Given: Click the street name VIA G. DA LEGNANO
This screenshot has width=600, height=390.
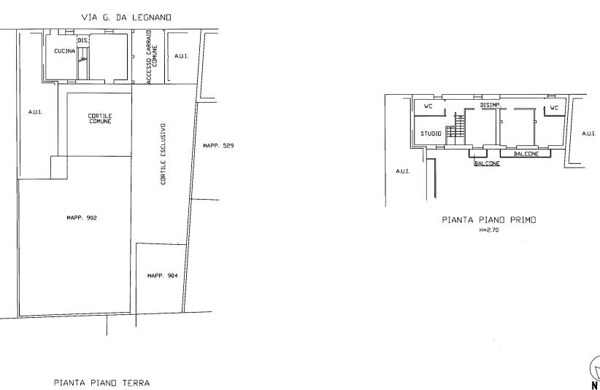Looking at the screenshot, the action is click(x=126, y=17).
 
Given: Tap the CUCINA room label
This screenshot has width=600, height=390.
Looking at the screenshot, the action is click(x=65, y=51).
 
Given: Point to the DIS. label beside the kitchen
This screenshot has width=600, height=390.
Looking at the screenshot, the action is click(x=83, y=40).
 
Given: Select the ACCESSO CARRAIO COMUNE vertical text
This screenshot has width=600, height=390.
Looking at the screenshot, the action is click(x=152, y=57).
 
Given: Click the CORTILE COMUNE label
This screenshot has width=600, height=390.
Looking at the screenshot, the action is click(x=100, y=118).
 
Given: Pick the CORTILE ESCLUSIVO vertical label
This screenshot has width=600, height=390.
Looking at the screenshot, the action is click(x=164, y=154).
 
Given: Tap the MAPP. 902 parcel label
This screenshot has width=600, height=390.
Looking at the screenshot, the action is click(x=82, y=218).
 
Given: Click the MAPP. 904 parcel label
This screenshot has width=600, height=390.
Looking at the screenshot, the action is click(x=163, y=276).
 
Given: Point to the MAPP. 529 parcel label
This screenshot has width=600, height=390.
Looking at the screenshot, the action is click(x=218, y=146).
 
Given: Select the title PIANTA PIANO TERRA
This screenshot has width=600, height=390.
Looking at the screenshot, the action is click(x=101, y=383).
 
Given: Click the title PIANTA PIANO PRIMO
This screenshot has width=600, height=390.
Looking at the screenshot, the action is click(x=489, y=219).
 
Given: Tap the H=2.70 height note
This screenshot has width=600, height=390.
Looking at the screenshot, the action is click(x=488, y=230).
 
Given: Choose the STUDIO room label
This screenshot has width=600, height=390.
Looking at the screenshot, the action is click(x=431, y=133).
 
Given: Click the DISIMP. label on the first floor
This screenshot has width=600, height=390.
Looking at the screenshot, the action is click(x=491, y=105).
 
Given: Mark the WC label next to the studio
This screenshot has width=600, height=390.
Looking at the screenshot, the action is click(x=428, y=106).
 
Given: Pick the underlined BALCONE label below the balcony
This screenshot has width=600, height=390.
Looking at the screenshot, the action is click(x=487, y=163).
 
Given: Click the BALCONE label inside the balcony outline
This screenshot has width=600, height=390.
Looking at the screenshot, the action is click(x=526, y=154).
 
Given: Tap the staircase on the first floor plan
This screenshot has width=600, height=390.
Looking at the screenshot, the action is click(x=456, y=129).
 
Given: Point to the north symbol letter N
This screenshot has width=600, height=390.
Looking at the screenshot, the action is click(x=595, y=386).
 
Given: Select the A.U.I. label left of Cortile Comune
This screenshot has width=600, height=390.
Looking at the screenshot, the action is click(x=35, y=112).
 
